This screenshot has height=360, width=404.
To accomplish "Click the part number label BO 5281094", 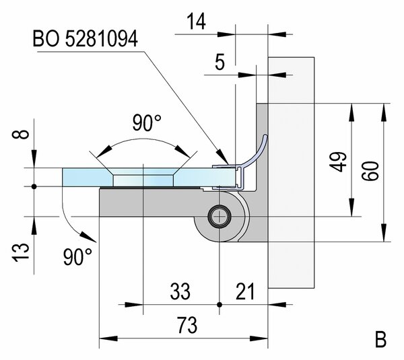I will pyautogui.click(x=85, y=39).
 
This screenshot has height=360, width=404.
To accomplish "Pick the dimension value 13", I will pyautogui.click(x=22, y=251).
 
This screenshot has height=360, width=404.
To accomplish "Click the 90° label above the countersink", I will pyautogui.click(x=146, y=124).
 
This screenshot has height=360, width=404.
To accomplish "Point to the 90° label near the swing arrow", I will pyautogui.click(x=77, y=256).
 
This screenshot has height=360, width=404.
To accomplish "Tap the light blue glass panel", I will pyautogui.click(x=84, y=178).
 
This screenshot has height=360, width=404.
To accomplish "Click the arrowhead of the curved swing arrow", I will pyautogui.click(x=87, y=236).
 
